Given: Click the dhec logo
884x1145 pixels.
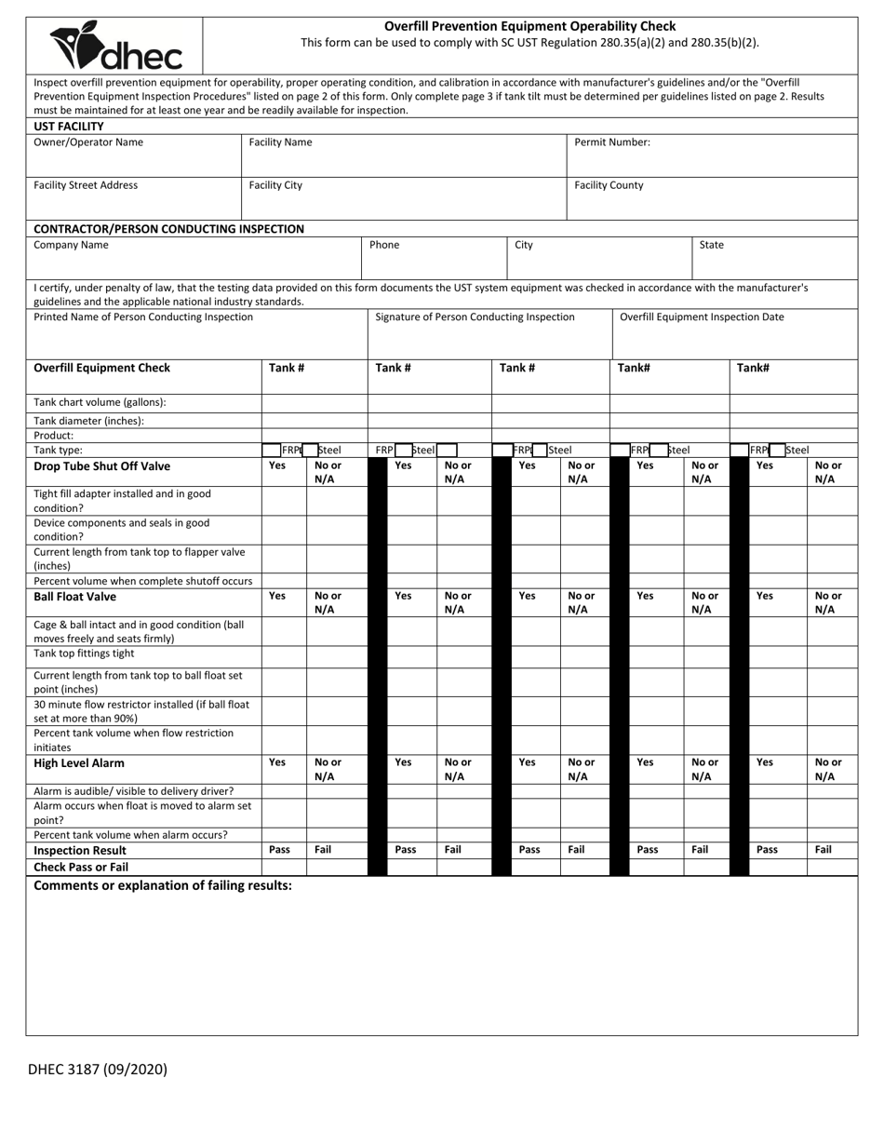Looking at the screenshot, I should (x=115, y=46).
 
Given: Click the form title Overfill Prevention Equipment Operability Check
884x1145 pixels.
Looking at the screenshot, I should (x=529, y=26).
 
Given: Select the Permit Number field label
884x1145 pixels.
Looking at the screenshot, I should (x=611, y=142).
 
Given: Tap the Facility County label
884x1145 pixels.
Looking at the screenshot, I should (x=608, y=185).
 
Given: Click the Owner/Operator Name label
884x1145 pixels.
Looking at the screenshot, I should (x=88, y=142).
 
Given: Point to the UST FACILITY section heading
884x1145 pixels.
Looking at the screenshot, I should (x=69, y=126).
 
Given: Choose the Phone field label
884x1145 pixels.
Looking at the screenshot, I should (x=384, y=245).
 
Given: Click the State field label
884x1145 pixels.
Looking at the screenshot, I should (x=711, y=245).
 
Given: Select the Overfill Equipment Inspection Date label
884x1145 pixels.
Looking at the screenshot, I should (x=702, y=317).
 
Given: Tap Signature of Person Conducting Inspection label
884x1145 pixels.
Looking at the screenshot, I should (x=475, y=317).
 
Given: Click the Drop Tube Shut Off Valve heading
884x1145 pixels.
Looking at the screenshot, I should (x=102, y=466).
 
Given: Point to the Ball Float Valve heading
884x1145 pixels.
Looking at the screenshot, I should (x=75, y=597).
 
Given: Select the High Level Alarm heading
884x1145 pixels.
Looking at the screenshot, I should (x=79, y=763).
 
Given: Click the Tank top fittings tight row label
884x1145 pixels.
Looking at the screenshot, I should (x=84, y=653).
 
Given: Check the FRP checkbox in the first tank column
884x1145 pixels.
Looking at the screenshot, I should (x=272, y=450).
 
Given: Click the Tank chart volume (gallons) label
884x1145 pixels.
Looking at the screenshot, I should (x=100, y=402).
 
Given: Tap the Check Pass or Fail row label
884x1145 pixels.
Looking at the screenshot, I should (x=81, y=867).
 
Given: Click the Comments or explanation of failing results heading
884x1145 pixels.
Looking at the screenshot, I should (x=163, y=885).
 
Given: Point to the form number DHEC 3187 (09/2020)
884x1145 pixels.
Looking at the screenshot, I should (x=98, y=1069).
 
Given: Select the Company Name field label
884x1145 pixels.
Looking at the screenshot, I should (x=71, y=245).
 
